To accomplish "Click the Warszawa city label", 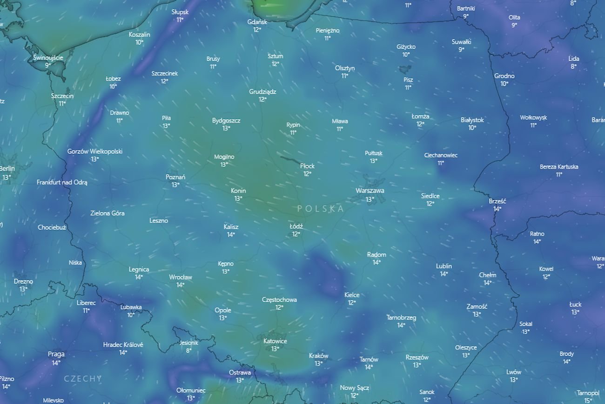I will pyautogui.click(x=370, y=191).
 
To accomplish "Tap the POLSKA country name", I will pyautogui.click(x=321, y=209).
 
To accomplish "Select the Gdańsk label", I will pyautogui.click(x=257, y=22).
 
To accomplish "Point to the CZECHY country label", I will pyautogui.click(x=83, y=378).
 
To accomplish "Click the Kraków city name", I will pyautogui.click(x=318, y=356).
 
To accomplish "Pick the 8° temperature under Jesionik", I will pyautogui.click(x=189, y=350).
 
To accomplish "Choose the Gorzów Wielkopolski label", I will pyautogui.click(x=95, y=151).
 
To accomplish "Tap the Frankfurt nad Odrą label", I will pyautogui.click(x=62, y=182).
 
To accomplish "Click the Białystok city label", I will pyautogui.click(x=472, y=120).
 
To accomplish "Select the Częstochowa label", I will pyautogui.click(x=279, y=300).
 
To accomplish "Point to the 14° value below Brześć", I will pyautogui.click(x=497, y=209).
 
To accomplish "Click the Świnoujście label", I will pyautogui.click(x=48, y=58).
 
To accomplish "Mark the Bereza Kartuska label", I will pyautogui.click(x=559, y=166).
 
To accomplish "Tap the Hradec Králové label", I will pyautogui.click(x=123, y=345).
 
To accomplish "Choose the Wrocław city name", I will pyautogui.click(x=181, y=277).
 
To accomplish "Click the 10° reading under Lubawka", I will pyautogui.click(x=131, y=315).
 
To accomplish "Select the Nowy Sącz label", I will pyautogui.click(x=354, y=388).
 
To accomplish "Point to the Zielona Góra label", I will pyautogui.click(x=107, y=213).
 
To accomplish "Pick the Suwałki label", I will pyautogui.click(x=461, y=41).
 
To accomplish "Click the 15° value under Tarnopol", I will pyautogui.click(x=588, y=400).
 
